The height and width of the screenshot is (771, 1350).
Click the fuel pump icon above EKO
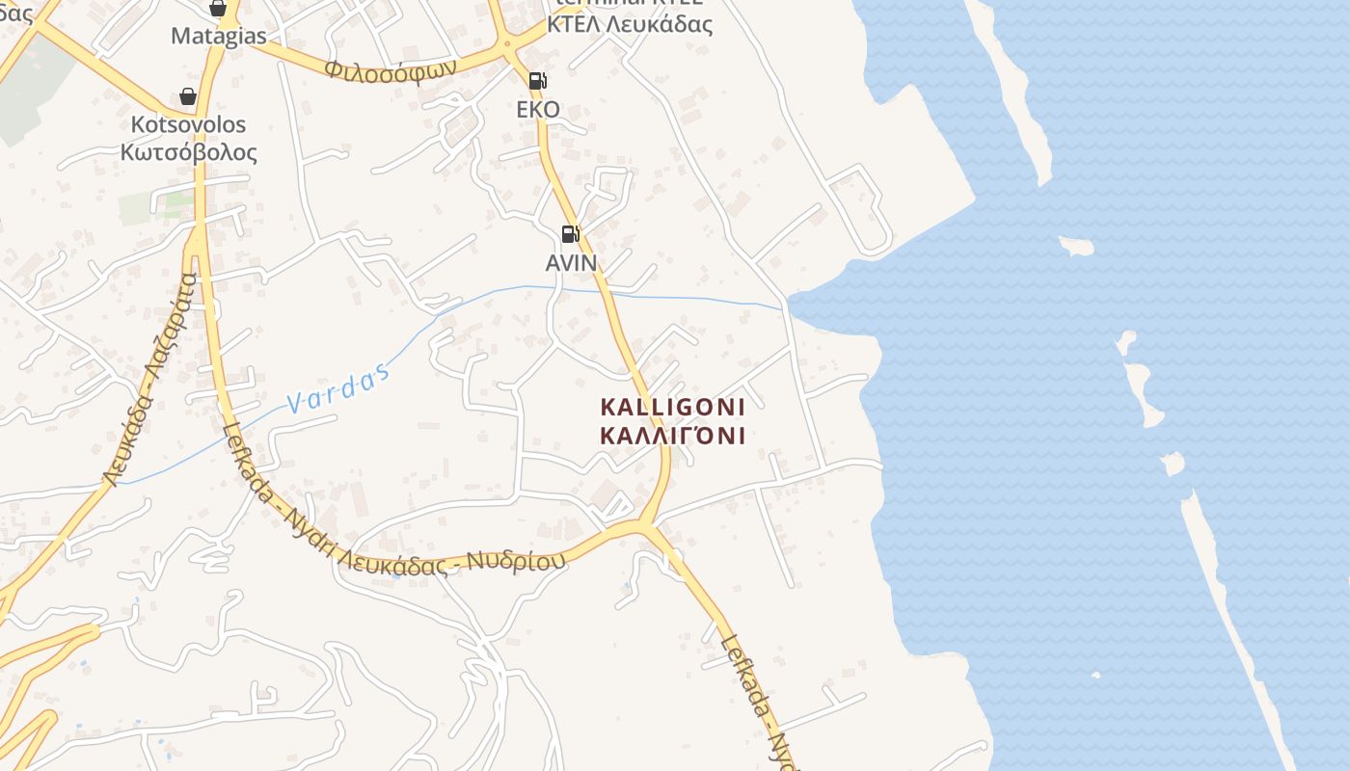pos(537,81)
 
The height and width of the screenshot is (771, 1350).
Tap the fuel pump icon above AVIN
pos(570,234)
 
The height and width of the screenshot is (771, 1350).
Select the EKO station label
pos(538,109)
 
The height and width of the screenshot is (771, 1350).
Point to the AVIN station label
pos(571,262)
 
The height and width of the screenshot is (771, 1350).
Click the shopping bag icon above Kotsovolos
pos(188,96)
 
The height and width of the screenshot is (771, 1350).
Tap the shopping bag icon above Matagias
pos(218,9)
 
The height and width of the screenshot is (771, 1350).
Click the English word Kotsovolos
pos(188,125)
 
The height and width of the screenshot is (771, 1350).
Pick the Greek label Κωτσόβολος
pos(188,152)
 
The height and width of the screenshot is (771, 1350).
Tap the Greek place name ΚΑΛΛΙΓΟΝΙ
pos(672,436)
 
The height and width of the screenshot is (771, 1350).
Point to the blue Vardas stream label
pos(339,389)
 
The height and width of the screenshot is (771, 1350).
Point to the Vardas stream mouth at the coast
pos(785,307)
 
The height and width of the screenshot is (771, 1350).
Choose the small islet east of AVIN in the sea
pos(1076,246)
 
